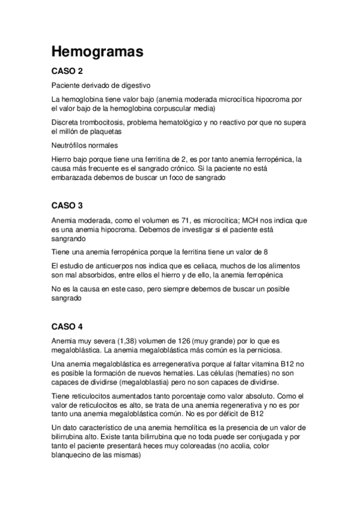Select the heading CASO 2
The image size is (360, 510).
[67, 71]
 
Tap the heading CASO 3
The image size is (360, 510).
[67, 204]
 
